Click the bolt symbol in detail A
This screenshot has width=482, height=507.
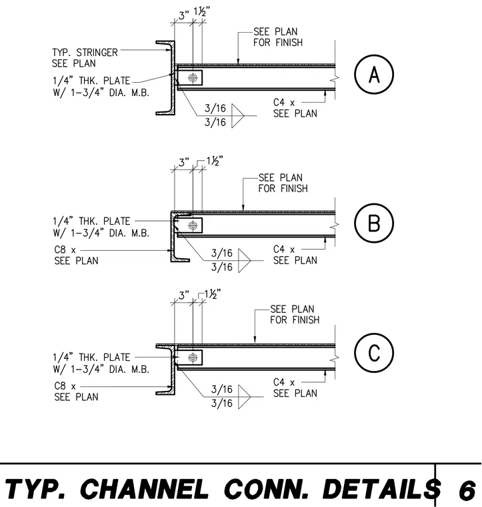193,78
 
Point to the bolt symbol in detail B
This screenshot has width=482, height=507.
193,225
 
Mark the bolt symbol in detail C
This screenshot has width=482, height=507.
193,358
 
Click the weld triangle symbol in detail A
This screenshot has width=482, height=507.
237,116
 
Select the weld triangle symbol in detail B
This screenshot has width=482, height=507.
244,261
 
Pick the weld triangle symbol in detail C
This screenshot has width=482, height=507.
244,397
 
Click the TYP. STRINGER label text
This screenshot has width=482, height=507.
85,53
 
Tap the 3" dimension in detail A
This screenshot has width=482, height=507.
184,15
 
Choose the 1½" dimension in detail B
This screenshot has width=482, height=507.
215,161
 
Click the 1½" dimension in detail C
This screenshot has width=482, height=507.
213,294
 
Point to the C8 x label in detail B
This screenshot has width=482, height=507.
65,250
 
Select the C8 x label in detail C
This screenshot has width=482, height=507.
65,386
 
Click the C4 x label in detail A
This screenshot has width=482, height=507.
284,103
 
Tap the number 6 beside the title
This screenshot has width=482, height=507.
467,490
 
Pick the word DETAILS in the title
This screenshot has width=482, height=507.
381,488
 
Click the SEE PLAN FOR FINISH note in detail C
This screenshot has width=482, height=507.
295,314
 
